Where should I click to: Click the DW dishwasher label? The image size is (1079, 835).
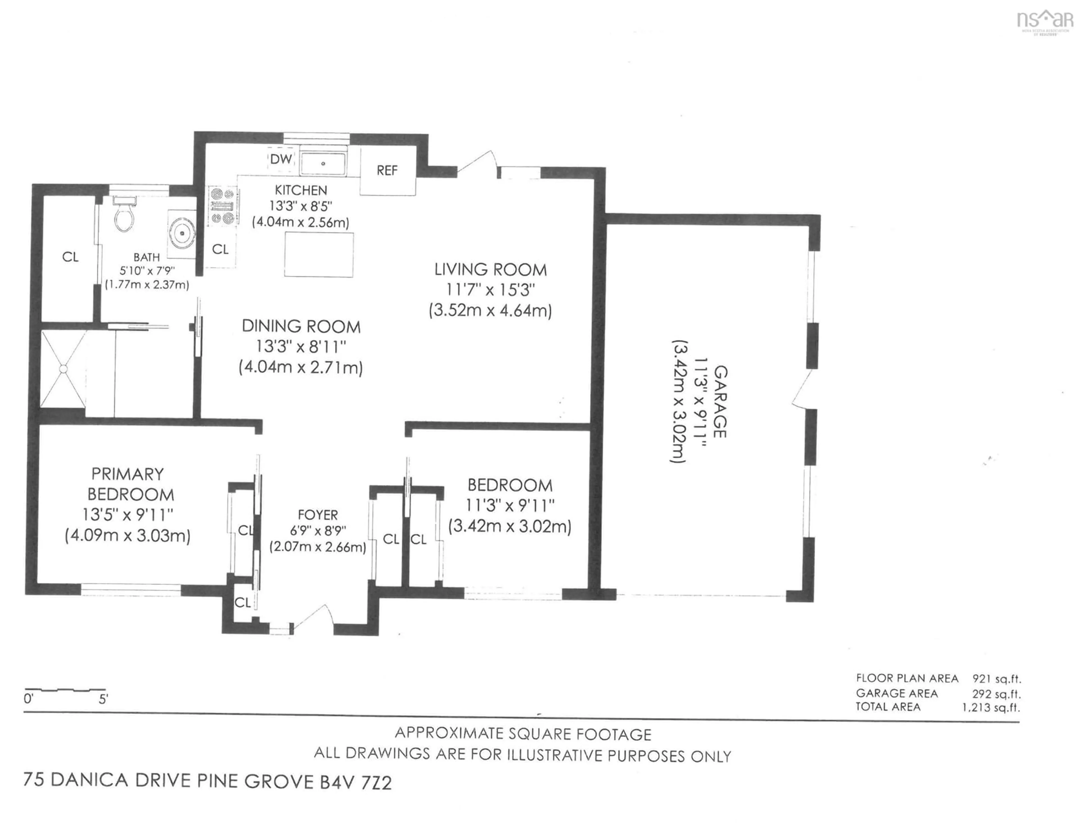click(x=281, y=159)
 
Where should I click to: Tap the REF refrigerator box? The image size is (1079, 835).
click(x=387, y=170)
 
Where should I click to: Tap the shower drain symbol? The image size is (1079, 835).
click(x=63, y=369)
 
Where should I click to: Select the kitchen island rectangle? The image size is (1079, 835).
click(x=319, y=255)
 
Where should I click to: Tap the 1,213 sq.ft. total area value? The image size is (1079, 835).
click(x=990, y=707)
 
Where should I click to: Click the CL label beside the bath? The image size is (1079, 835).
click(x=70, y=256)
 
